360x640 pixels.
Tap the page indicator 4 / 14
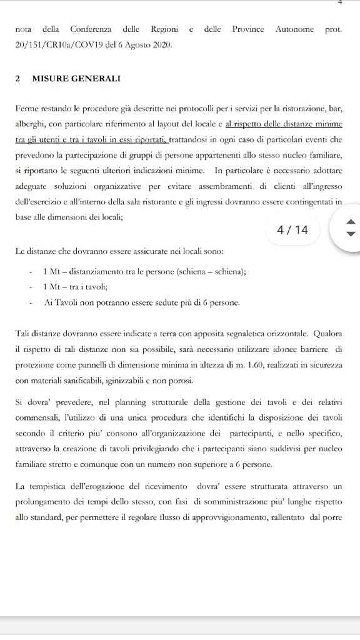click(292, 230)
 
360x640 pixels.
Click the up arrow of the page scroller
click(351, 222)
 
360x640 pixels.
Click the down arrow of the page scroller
click(351, 234)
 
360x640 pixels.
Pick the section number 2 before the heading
click(18, 79)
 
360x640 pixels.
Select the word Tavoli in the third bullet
click(67, 302)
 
